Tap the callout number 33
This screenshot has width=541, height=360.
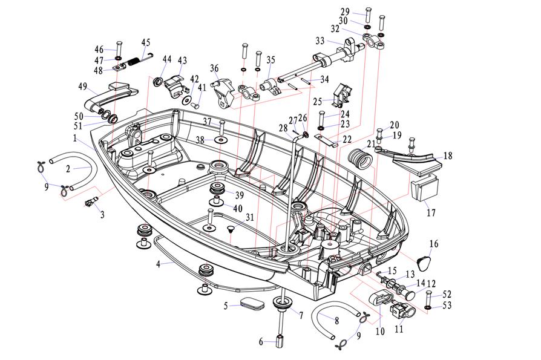(320, 41)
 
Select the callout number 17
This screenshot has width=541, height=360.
(431, 213)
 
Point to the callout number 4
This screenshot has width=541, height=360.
(159, 264)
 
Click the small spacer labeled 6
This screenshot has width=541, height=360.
(280, 340)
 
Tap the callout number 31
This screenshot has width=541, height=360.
(249, 217)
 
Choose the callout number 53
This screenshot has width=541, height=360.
(447, 306)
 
